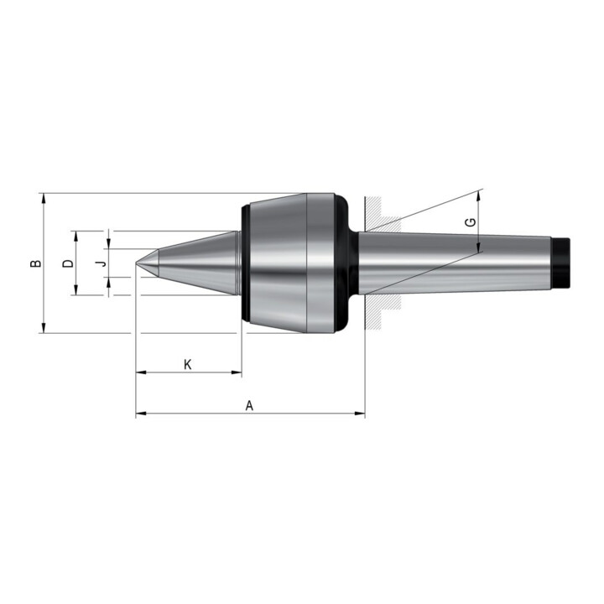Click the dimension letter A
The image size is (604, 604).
point(250,406)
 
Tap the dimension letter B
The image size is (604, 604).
point(36,263)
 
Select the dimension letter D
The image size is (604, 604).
point(68,263)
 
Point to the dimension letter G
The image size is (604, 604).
point(471,222)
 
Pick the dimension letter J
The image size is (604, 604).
point(101,263)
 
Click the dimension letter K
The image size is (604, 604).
point(188,364)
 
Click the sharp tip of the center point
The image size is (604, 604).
point(136,263)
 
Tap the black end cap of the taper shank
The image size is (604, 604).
point(561,263)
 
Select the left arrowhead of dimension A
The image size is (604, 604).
point(141,414)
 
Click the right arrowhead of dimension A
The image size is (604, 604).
point(360,414)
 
